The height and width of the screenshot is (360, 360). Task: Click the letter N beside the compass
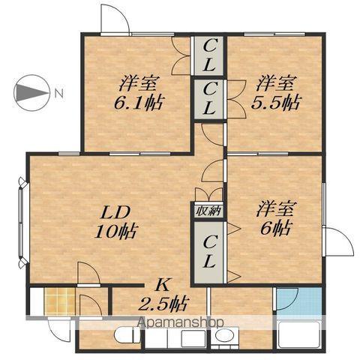[x=58, y=93]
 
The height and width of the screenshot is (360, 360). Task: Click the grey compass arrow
[x=31, y=93]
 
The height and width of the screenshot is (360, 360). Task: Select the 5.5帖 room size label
[x=277, y=100]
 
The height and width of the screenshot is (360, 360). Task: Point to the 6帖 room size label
[x=275, y=226]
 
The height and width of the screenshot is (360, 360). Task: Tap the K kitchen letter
[x=161, y=284]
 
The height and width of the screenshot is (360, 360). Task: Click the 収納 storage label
[x=208, y=211]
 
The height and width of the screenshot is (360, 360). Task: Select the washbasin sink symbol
[x=222, y=336]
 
